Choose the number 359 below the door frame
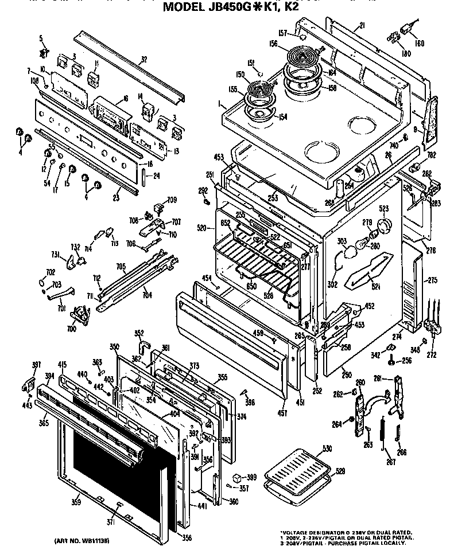point(76,503)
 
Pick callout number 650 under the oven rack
point(250,284)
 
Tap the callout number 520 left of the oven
point(201,228)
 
